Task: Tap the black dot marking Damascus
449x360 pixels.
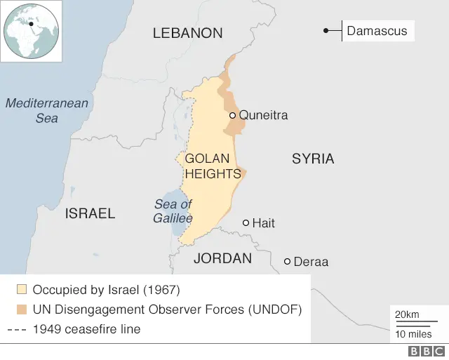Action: pos(326,31)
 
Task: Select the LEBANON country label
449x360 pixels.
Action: pos(187,33)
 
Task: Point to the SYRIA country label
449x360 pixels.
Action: pos(313,159)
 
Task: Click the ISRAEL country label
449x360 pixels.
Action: pos(90,213)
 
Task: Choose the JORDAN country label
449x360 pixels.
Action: pos(222,258)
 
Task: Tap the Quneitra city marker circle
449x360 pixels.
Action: pos(233,115)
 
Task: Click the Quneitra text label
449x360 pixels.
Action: pos(263,115)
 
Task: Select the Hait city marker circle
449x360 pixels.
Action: pos(246,222)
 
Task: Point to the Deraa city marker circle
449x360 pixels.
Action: pos(287,262)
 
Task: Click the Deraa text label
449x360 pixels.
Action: pos(311,262)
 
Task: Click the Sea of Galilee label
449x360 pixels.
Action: pos(173,211)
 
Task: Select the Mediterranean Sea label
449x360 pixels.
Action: pos(47,111)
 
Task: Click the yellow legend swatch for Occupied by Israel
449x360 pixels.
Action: pos(22,289)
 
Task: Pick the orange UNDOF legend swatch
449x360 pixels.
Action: pos(22,309)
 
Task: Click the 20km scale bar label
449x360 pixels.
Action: pos(407,314)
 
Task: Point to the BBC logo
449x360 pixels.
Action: pos(423,352)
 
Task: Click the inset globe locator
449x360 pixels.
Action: pos(31,31)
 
